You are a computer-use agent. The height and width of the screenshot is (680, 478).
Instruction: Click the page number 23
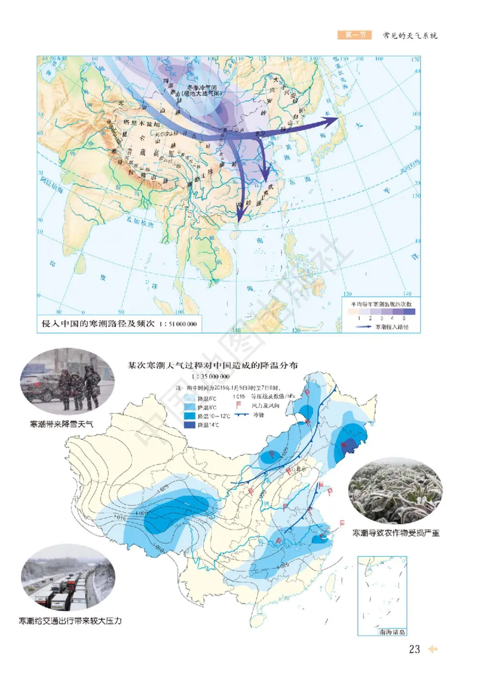415,649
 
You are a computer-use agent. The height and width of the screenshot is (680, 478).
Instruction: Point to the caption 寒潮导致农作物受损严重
396,532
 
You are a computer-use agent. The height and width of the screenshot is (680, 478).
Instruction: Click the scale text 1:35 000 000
210,377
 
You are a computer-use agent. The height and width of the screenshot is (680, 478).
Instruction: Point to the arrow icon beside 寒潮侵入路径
364,327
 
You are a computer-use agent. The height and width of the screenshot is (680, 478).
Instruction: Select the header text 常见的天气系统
410,35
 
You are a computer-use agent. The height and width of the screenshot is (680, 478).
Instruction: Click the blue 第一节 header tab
354,35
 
